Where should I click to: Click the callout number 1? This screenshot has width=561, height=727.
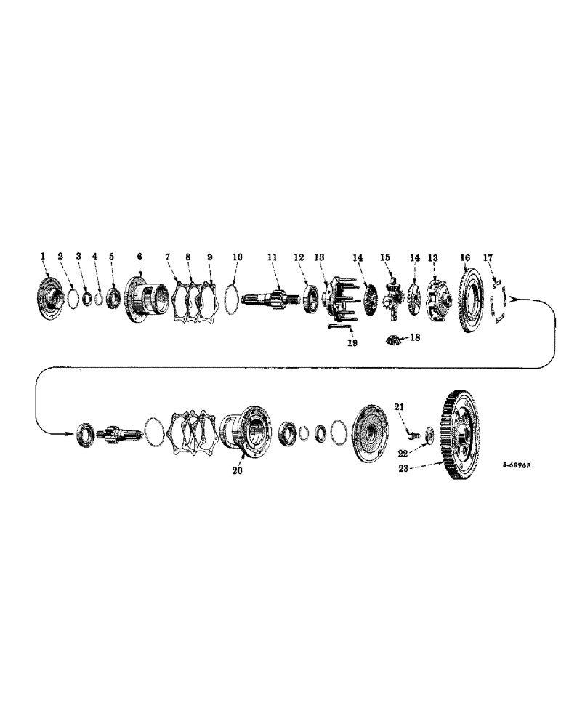click(x=43, y=256)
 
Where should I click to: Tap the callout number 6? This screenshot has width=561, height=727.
click(x=139, y=256)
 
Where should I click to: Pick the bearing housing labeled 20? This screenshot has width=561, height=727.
click(x=246, y=434)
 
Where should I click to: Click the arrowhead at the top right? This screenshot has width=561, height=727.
click(x=512, y=298)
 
